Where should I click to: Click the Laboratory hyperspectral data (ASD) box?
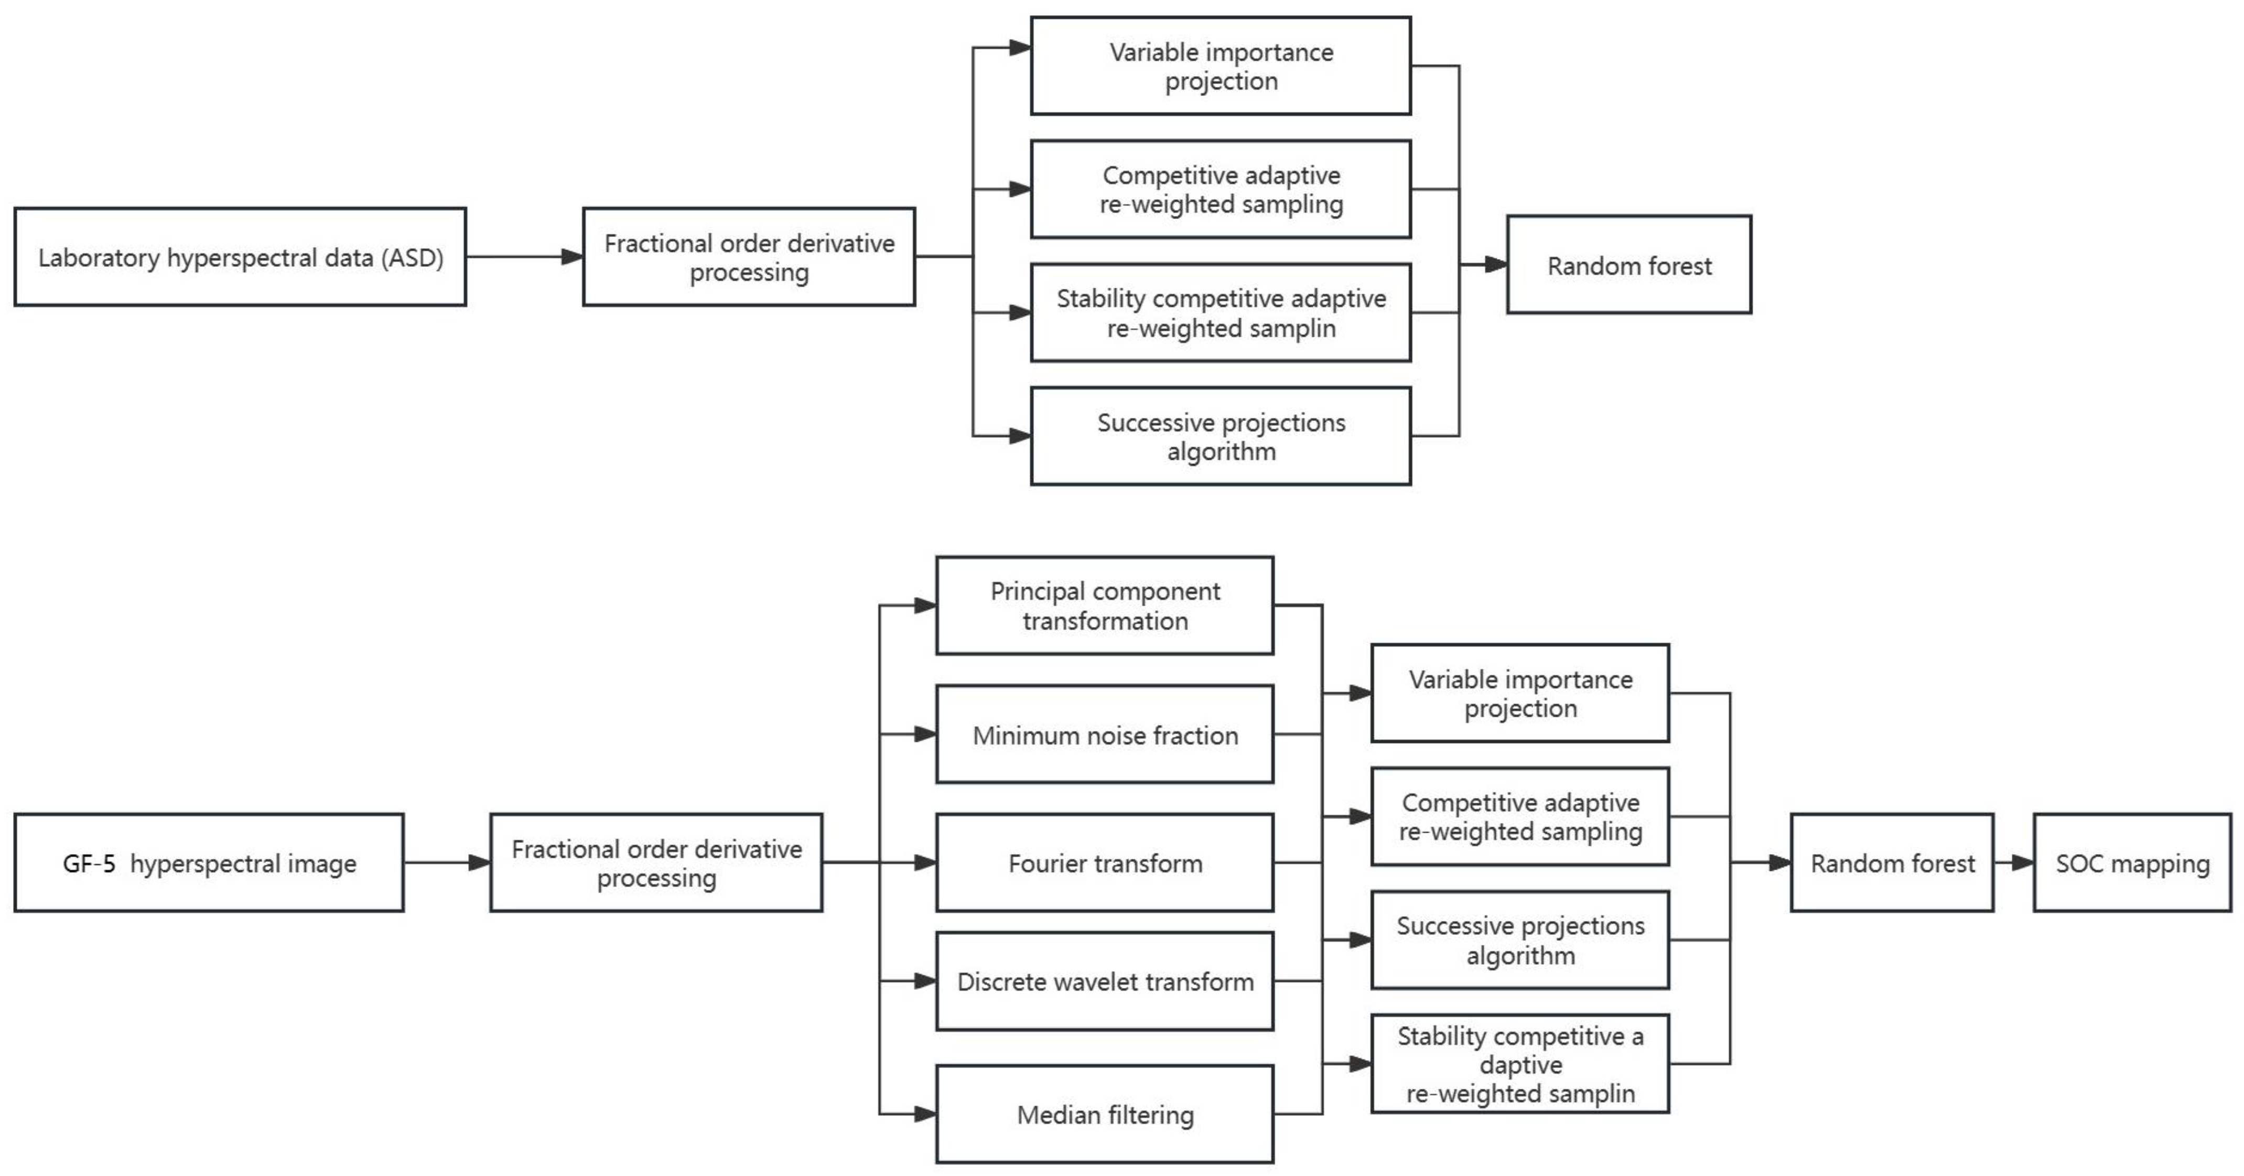(241, 257)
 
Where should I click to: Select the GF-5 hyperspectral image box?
(209, 864)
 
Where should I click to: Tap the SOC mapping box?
(2132, 864)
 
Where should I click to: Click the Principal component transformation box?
(1105, 606)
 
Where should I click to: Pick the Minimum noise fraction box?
(1105, 735)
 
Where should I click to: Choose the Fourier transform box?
(1105, 864)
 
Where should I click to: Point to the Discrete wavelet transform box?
(1105, 981)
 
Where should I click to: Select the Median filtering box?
(1105, 1114)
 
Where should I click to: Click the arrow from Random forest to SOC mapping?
(2013, 864)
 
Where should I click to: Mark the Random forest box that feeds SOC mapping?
(1892, 864)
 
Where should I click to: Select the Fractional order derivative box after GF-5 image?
(656, 864)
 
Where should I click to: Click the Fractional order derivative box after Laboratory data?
(749, 257)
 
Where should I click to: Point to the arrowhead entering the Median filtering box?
(925, 1114)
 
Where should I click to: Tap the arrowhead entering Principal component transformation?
(925, 606)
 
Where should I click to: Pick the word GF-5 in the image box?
(89, 864)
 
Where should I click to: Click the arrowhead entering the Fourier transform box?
(925, 864)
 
